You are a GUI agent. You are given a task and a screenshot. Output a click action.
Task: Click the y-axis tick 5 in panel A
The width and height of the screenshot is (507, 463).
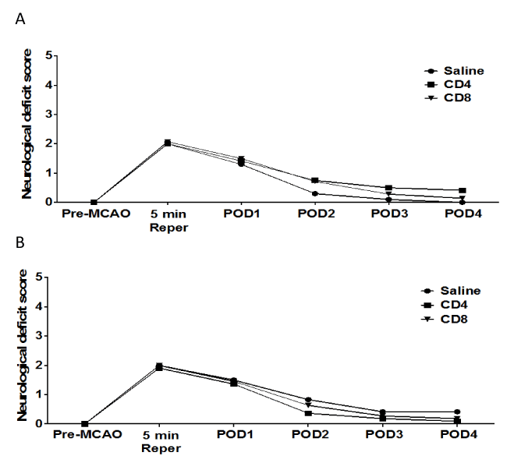[x=48, y=56]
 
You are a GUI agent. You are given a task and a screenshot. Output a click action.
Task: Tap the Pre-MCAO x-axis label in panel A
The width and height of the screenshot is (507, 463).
[x=92, y=213]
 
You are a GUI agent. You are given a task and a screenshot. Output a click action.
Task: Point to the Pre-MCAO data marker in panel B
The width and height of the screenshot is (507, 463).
[x=94, y=423]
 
